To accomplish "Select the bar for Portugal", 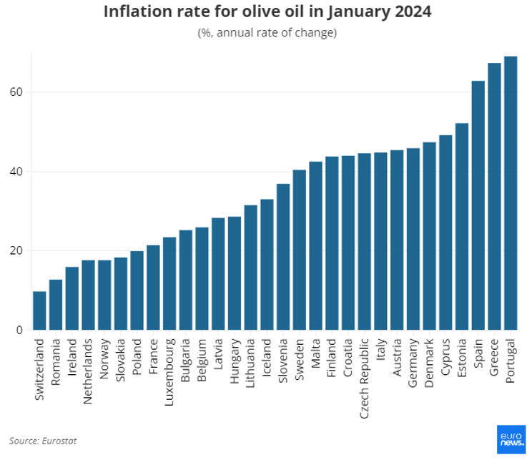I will coord(511,193).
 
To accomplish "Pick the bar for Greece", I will coord(494,197).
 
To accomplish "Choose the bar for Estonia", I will coord(462,227).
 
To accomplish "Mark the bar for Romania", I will coord(56,305).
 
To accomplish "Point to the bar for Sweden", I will coord(300,250).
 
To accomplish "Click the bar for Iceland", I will coord(267,265).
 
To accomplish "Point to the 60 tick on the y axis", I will coord(16,92).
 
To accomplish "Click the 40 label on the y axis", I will coord(16,172).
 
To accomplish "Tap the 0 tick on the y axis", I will coord(20,330).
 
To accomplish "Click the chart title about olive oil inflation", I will coord(267,12).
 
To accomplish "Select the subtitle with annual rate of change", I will coord(267,33).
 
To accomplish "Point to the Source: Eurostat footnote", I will coord(43,441).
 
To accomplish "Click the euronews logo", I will coord(511,439).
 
